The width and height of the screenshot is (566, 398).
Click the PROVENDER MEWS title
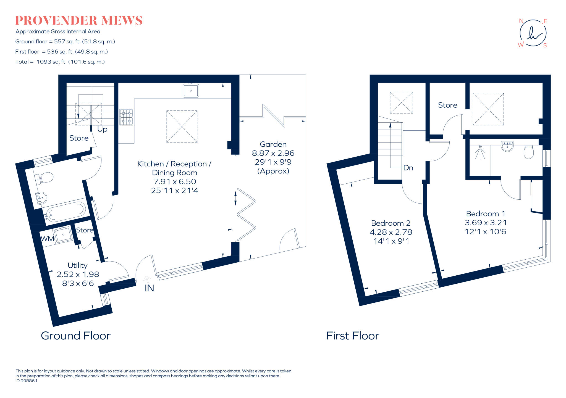(x=79, y=21)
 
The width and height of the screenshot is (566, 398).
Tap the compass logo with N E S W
(x=533, y=33)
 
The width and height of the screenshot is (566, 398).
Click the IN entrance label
(x=149, y=288)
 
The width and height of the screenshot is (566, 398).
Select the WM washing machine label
(x=48, y=239)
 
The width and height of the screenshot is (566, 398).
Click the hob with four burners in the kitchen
(x=126, y=117)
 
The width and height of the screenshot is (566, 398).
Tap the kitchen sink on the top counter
(x=191, y=90)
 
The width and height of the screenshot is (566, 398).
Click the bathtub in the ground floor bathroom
(x=66, y=212)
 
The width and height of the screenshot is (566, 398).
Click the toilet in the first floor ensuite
(x=528, y=152)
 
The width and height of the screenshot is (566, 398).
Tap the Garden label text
(x=273, y=144)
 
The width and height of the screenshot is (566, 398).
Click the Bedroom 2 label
(x=391, y=223)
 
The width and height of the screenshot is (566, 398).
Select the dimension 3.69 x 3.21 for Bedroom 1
(x=486, y=223)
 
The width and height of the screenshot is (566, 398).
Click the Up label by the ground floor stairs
(x=102, y=129)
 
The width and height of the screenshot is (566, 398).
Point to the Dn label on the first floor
(x=408, y=168)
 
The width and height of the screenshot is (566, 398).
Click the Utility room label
(x=78, y=265)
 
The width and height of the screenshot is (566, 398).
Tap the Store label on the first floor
(x=447, y=105)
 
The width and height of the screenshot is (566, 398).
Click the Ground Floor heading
(x=76, y=336)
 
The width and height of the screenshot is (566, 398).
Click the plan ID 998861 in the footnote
(x=26, y=381)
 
